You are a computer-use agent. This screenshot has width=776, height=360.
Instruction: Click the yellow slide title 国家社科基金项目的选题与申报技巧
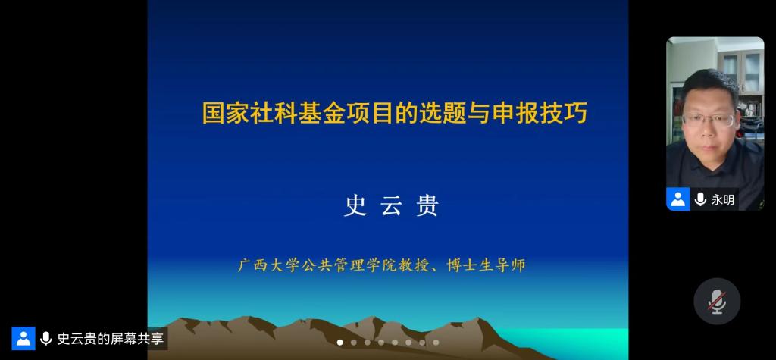394,113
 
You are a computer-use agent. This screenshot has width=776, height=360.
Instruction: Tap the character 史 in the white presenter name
355,206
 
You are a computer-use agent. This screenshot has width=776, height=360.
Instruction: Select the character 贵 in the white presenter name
427,206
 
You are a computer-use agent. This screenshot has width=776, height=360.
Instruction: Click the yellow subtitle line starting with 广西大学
382,265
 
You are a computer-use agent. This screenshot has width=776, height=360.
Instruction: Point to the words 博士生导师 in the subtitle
486,265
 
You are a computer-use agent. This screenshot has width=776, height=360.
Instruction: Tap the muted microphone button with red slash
717,301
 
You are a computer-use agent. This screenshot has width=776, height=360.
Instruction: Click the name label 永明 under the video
722,199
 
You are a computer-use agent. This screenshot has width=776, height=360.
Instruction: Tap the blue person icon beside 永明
678,199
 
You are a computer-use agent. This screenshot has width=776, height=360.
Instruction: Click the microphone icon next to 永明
699,199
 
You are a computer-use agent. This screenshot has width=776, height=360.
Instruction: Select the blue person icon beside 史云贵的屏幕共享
23,338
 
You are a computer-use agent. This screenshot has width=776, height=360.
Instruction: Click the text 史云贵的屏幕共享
110,339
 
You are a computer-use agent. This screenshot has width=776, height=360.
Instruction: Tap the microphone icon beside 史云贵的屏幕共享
45,339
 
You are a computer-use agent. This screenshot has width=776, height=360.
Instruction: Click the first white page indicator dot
340,342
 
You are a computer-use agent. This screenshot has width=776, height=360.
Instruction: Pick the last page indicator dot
436,342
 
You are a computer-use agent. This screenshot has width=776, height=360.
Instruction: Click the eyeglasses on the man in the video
709,119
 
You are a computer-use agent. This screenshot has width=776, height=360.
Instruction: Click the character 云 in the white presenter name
391,206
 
